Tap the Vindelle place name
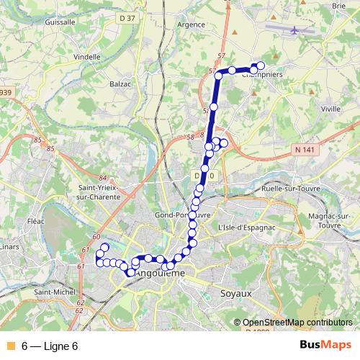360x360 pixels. coord(87,56)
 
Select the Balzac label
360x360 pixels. coord(121,84)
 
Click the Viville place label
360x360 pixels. coord(330,109)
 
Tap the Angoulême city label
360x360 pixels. coord(161,274)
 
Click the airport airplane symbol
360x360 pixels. coord(296,31)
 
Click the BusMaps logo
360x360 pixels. coord(325,346)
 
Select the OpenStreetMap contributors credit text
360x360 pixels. coord(297,323)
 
